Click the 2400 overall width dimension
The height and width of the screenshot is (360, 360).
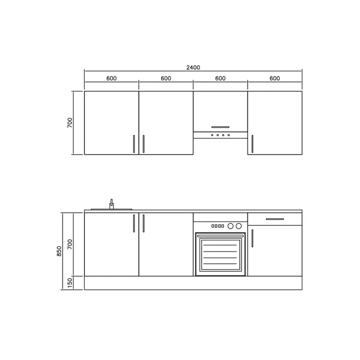click(x=193, y=68)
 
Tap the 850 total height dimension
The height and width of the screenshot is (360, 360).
click(x=59, y=251)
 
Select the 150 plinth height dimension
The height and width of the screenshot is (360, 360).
click(x=70, y=283)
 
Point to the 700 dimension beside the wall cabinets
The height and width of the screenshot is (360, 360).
click(x=70, y=123)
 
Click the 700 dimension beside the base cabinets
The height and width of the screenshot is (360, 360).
click(x=70, y=244)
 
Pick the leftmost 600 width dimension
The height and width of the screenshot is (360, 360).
click(x=111, y=78)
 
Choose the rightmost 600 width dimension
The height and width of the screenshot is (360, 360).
click(x=275, y=78)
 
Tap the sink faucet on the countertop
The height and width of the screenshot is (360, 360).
click(x=111, y=204)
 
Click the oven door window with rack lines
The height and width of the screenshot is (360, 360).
click(x=220, y=254)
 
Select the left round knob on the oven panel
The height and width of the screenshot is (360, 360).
click(x=230, y=226)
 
